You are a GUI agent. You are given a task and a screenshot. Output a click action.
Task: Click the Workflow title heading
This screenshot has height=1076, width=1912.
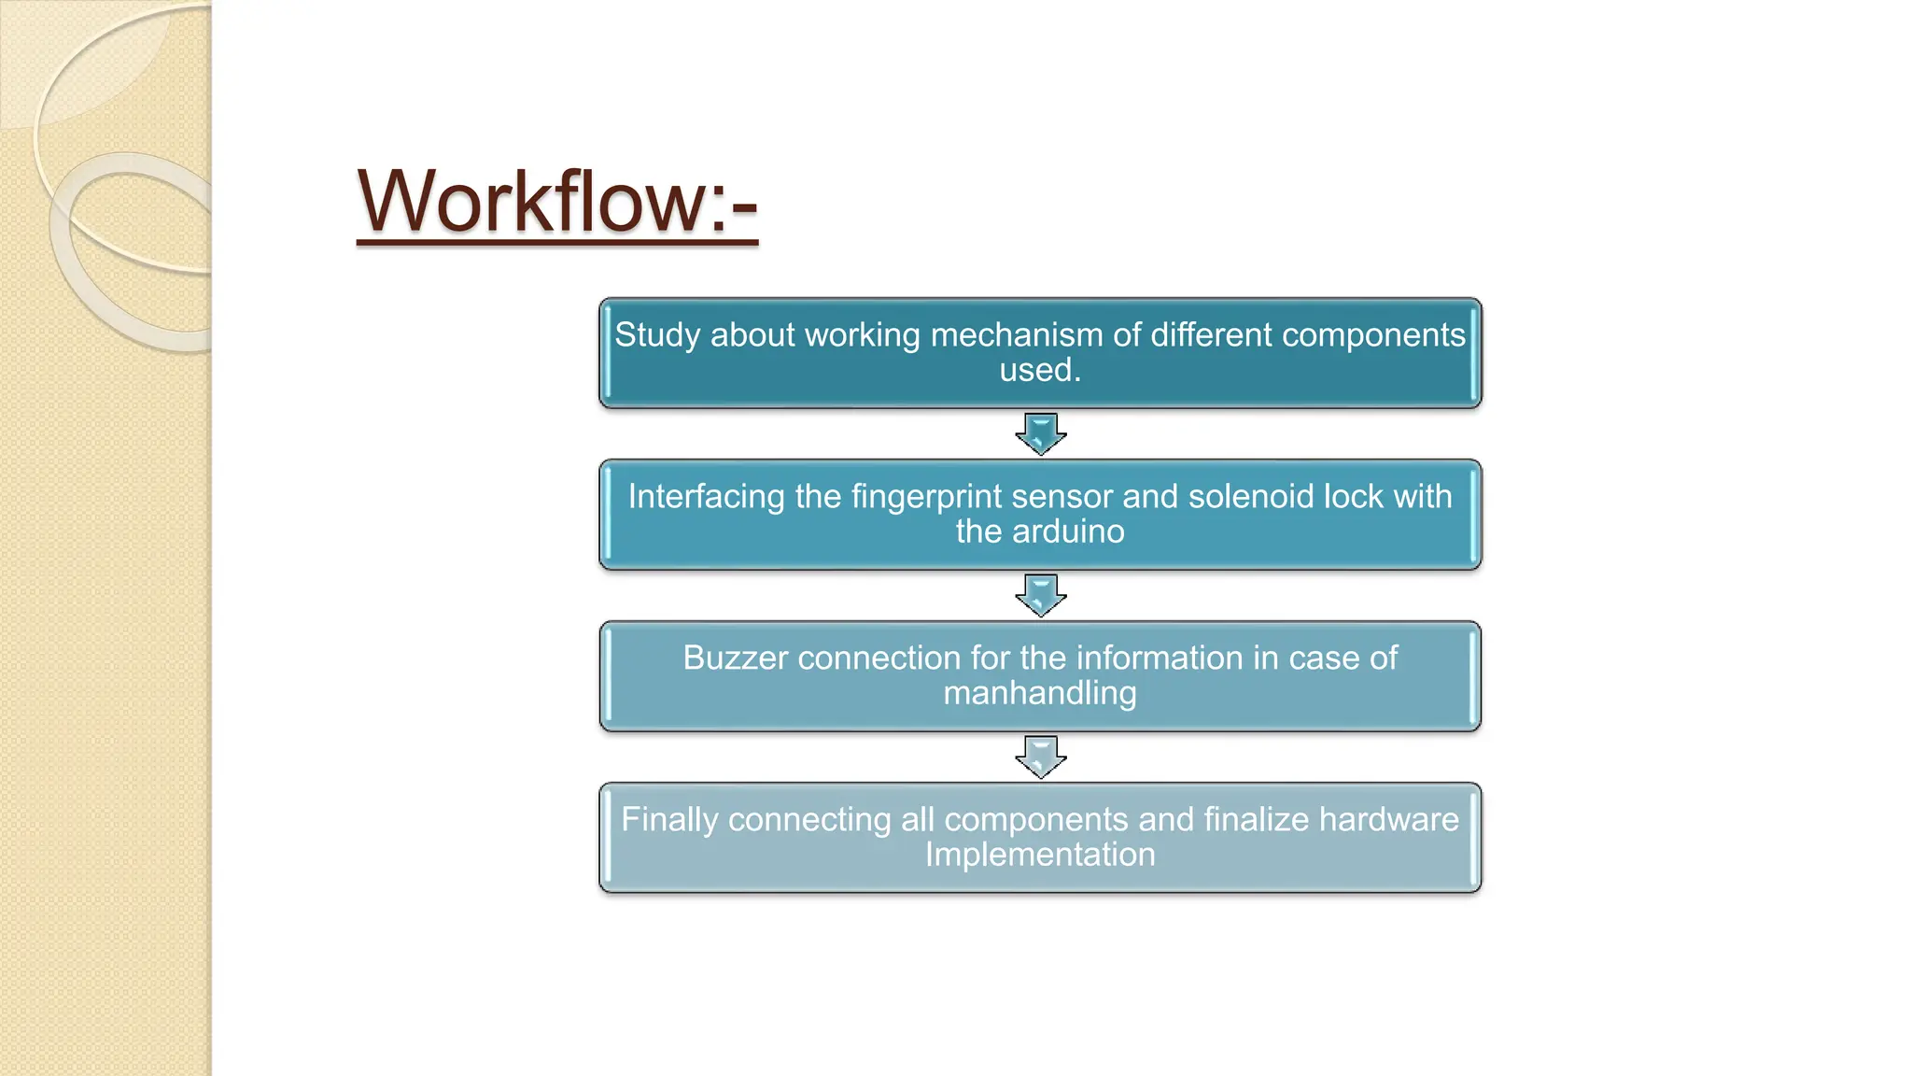(556, 202)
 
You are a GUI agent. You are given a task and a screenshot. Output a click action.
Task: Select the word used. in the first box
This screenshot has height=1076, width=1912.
(1040, 371)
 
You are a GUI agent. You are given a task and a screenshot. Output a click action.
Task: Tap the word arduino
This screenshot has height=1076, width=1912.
(1069, 532)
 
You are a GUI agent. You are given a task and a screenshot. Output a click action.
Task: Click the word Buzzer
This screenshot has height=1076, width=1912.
(736, 658)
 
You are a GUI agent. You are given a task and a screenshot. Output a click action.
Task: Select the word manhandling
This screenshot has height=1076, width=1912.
(1040, 694)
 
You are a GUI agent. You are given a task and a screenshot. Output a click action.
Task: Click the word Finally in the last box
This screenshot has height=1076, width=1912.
(669, 820)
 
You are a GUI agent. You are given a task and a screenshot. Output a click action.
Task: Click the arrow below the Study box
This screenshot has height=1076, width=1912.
(1041, 433)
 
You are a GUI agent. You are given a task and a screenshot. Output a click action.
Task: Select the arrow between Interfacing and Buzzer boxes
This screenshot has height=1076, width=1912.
(1041, 595)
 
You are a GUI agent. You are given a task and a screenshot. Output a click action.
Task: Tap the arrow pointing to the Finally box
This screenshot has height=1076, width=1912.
(1041, 757)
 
